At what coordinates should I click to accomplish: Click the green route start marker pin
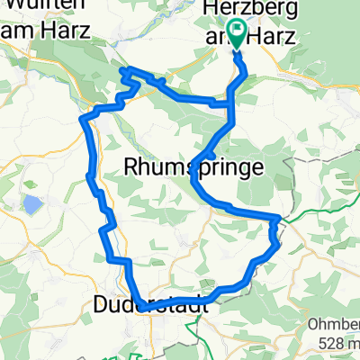[238, 34]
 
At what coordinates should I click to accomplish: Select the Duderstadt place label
[151, 306]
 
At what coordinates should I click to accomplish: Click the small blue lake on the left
[32, 205]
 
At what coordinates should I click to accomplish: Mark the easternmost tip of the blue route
[280, 219]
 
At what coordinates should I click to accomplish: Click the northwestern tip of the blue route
[122, 69]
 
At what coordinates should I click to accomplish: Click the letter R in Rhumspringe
[128, 166]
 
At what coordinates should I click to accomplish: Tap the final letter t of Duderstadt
[205, 306]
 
